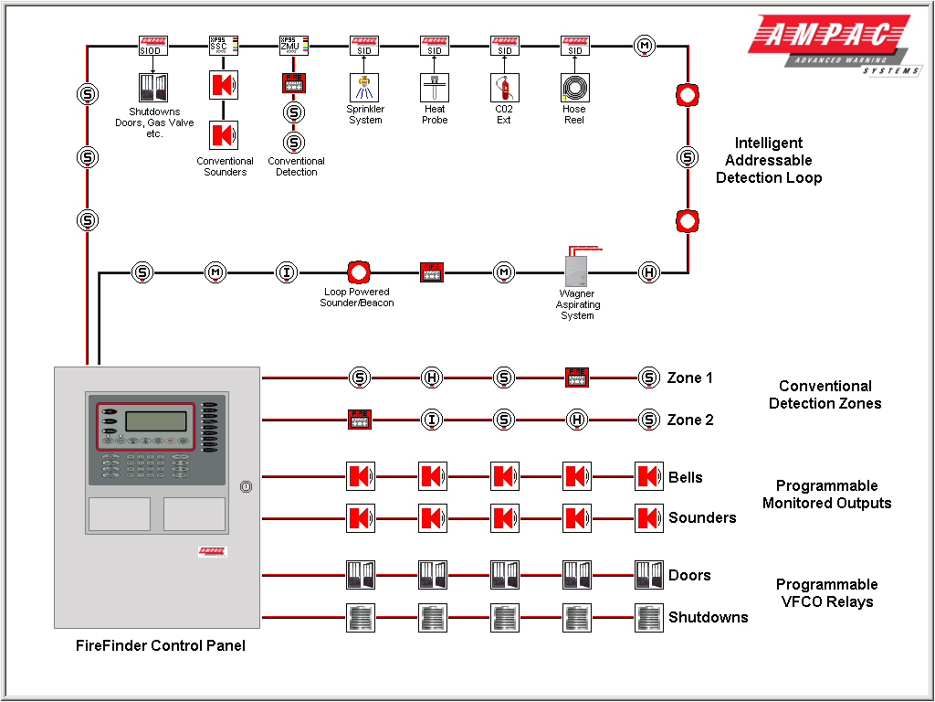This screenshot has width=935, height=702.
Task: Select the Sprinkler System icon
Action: pos(364,88)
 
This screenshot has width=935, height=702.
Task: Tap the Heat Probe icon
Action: pos(435,88)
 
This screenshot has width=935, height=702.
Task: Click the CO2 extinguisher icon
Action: pos(505,88)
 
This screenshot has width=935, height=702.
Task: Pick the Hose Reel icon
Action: pos(574,88)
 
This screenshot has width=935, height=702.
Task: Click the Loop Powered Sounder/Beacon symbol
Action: pos(358,272)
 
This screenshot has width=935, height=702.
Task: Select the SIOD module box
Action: pos(153,45)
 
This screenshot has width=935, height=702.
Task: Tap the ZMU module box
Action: pos(293,45)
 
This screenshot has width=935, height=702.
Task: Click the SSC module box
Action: pos(223,45)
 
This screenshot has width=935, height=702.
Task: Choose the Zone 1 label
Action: pos(689,378)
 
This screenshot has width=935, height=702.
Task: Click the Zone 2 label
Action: pos(689,420)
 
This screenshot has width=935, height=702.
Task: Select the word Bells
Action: pos(685,477)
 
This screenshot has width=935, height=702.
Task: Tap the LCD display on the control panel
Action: pos(151,421)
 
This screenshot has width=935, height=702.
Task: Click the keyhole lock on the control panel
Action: pos(245,487)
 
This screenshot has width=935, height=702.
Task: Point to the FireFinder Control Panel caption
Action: pos(160,645)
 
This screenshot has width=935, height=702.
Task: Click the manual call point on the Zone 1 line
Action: pos(577,377)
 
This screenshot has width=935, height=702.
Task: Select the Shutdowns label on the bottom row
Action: pos(708,617)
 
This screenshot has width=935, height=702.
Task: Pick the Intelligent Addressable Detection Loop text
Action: pos(769,160)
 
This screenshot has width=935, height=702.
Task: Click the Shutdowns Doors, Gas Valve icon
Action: pos(153,88)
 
